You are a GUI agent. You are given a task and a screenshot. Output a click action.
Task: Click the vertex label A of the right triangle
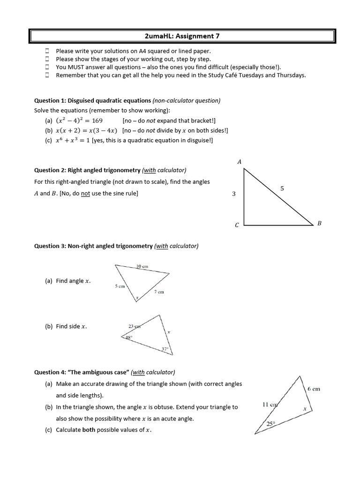point(240,162)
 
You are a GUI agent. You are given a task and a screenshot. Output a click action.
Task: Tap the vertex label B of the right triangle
point(319,224)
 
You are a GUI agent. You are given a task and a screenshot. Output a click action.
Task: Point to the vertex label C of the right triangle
point(237,225)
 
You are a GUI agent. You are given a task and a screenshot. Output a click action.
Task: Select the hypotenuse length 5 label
point(282,188)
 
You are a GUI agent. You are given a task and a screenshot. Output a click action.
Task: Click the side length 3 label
point(233,194)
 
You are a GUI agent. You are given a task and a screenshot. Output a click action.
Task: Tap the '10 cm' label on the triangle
point(142,266)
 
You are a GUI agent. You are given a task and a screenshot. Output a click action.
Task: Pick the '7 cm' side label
point(159,292)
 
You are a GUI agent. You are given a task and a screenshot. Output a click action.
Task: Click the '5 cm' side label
point(120,286)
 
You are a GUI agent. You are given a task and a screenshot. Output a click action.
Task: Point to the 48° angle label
point(129,337)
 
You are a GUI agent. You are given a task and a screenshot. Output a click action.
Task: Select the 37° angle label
point(165,349)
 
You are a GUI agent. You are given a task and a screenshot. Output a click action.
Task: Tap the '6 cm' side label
point(314,389)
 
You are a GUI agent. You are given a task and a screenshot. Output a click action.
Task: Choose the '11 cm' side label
point(270,404)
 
